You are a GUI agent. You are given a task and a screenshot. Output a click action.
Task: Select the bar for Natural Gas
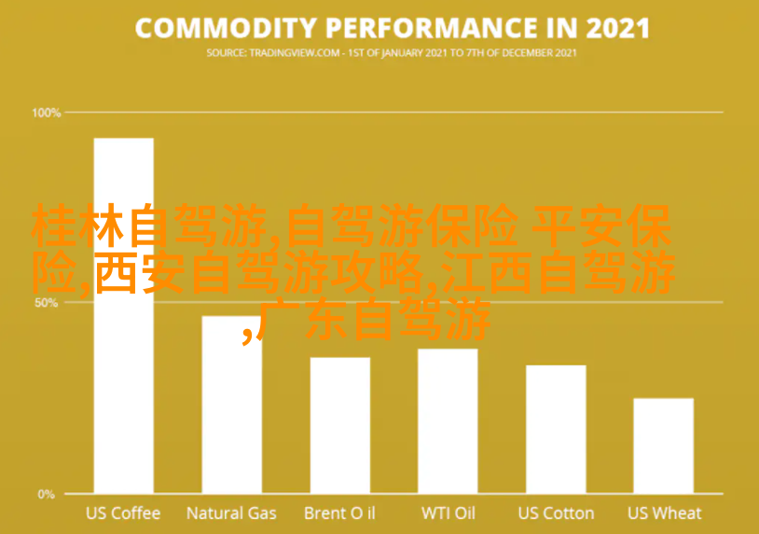232,419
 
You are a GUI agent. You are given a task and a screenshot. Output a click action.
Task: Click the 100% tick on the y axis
47,113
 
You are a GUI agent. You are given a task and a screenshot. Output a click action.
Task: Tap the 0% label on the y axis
47,494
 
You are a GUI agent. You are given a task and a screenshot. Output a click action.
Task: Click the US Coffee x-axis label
123,513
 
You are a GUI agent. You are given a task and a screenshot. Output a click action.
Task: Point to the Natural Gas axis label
231,513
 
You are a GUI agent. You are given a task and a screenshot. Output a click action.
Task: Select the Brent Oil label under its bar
339,513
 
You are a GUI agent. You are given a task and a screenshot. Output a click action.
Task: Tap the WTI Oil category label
448,513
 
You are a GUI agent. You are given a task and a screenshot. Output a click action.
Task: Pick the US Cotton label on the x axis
556,513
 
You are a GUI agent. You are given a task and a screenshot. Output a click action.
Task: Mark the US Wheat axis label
664,513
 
